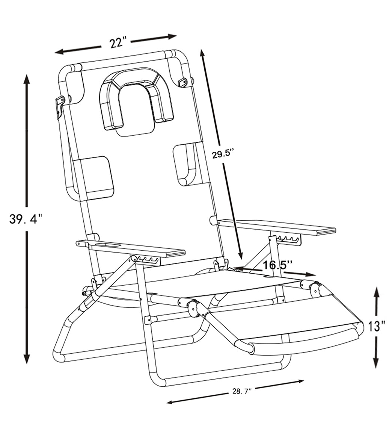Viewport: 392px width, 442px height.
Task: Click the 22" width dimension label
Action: [116, 43]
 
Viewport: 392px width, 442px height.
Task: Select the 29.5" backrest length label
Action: [223, 154]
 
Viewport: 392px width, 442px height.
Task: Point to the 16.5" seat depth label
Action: [277, 265]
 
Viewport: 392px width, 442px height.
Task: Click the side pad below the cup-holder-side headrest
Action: [94, 177]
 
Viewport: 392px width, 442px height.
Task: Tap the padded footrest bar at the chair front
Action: [300, 341]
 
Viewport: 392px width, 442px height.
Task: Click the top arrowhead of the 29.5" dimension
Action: [202, 53]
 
